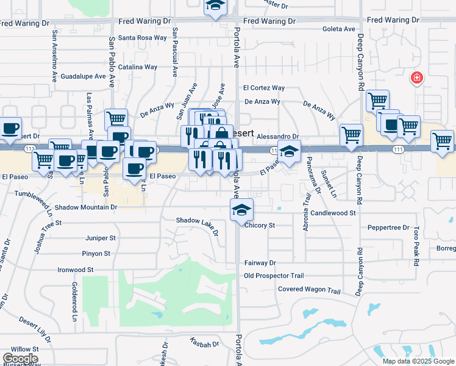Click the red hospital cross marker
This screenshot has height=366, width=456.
(x=417, y=78)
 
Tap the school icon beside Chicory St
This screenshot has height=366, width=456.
(x=242, y=210)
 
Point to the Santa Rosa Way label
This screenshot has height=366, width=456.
(x=143, y=38)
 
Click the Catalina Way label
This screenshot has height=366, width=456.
(x=138, y=67)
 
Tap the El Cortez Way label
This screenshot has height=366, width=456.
(x=264, y=88)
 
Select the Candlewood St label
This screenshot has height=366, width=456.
(x=333, y=213)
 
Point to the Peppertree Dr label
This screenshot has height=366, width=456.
(x=388, y=228)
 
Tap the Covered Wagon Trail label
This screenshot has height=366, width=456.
(x=308, y=290)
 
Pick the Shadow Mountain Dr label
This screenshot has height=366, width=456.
(x=85, y=207)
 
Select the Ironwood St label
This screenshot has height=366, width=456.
(x=76, y=269)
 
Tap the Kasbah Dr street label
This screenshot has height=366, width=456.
(x=204, y=344)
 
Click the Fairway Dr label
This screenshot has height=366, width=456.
(x=260, y=263)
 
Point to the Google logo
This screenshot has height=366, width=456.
(x=20, y=359)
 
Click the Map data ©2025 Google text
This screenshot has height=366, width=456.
(x=418, y=361)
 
